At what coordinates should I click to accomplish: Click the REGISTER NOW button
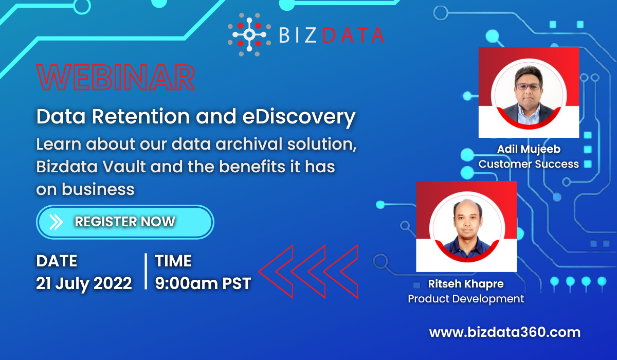pyautogui.click(x=125, y=222)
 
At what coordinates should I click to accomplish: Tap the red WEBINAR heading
pyautogui.click(x=116, y=78)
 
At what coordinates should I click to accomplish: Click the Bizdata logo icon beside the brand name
pyautogui.click(x=249, y=34)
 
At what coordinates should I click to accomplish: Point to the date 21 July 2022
pyautogui.click(x=84, y=283)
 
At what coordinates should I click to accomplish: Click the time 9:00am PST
pyautogui.click(x=203, y=283)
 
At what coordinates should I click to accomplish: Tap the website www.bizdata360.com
pyautogui.click(x=504, y=332)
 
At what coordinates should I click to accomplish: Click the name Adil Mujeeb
pyautogui.click(x=529, y=149)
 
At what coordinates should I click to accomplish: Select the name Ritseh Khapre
pyautogui.click(x=466, y=284)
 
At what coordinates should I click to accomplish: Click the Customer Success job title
pyautogui.click(x=529, y=164)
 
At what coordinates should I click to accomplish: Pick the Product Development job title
pyautogui.click(x=466, y=299)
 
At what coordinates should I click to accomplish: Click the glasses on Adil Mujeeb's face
pyautogui.click(x=529, y=87)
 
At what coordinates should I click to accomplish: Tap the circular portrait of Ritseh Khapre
pyautogui.click(x=467, y=227)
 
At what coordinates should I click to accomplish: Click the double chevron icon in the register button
pyautogui.click(x=56, y=222)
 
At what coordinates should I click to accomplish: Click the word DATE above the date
pyautogui.click(x=57, y=261)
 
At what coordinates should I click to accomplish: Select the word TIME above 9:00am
pyautogui.click(x=173, y=261)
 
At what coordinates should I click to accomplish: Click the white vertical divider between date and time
pyautogui.click(x=146, y=272)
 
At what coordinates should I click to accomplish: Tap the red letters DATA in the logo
pyautogui.click(x=353, y=35)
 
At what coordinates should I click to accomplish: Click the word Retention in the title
pyautogui.click(x=141, y=117)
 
